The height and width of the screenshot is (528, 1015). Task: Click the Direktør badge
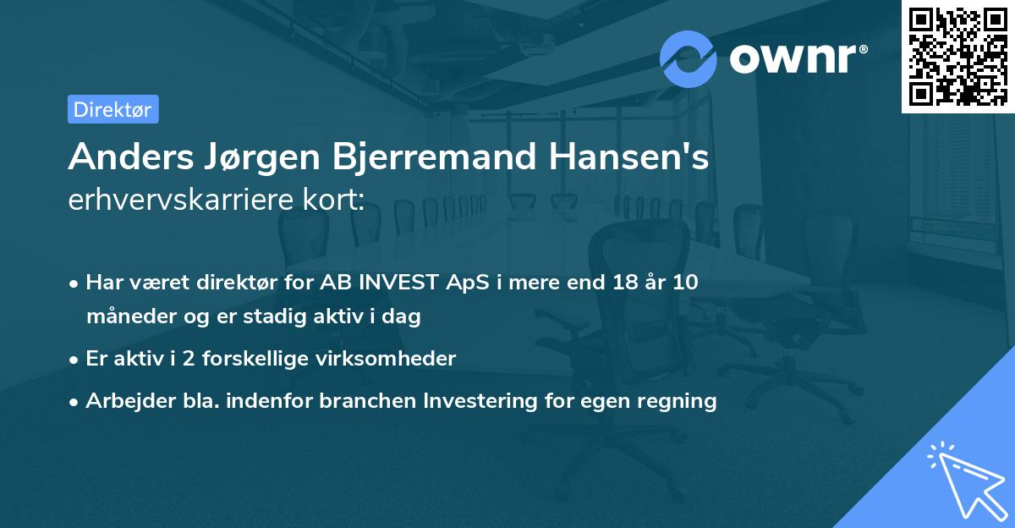[x=112, y=109]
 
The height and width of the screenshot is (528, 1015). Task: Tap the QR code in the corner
[x=957, y=56]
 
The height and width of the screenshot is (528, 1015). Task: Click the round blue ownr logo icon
[x=688, y=59]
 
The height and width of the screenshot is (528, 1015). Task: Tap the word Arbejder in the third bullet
[x=124, y=401]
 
